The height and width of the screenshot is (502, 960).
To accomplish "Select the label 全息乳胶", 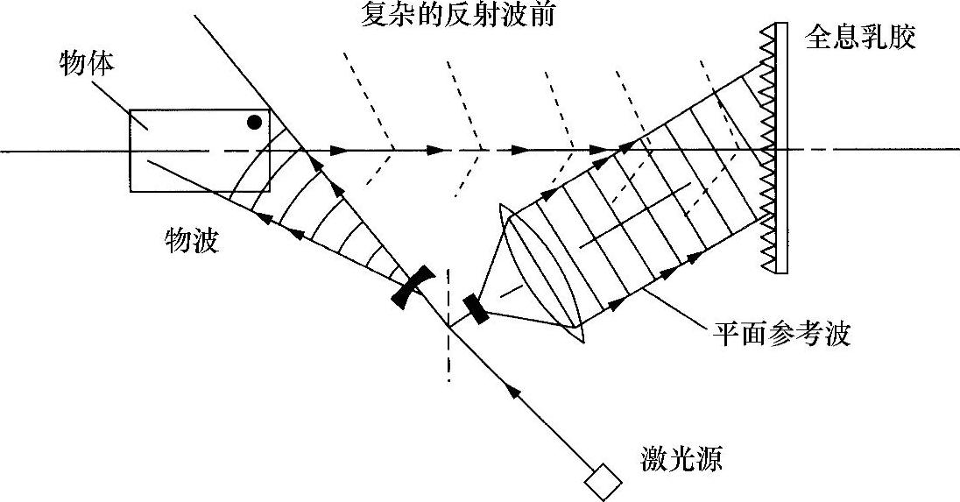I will coord(860,39).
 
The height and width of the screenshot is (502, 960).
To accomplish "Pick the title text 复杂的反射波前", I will coord(457,15).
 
